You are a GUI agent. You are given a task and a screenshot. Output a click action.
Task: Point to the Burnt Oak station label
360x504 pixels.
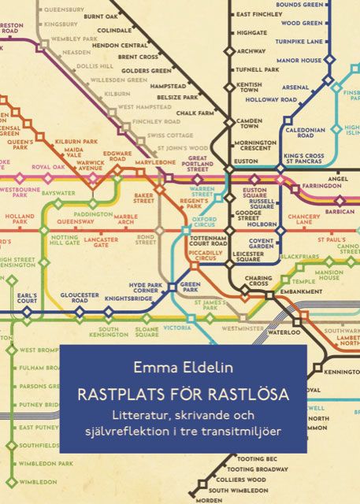[101, 17]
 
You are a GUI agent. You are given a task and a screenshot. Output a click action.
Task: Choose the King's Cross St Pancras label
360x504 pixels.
[303, 161]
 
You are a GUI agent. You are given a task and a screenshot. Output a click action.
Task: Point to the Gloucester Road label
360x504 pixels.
[79, 298]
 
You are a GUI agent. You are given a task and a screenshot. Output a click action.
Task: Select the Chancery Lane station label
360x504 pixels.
[303, 219]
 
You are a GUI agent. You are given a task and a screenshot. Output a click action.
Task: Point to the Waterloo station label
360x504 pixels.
[285, 333]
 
